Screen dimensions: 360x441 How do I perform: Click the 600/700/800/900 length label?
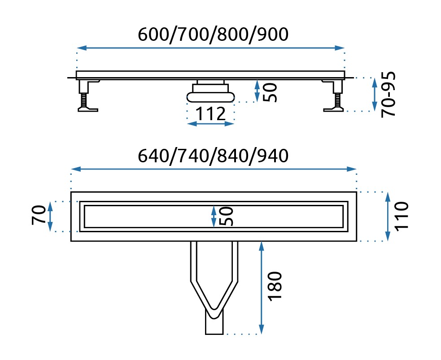tap(212, 34)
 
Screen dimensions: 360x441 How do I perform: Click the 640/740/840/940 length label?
tap(212, 156)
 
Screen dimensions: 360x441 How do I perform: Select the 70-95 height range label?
tap(389, 94)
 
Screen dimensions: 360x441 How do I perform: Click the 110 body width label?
tap(402, 216)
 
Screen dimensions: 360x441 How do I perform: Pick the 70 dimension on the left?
tap(38, 216)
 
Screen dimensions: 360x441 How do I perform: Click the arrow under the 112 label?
tap(210, 123)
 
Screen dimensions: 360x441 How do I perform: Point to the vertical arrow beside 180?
tap(261, 287)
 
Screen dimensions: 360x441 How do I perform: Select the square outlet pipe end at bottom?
tap(214, 324)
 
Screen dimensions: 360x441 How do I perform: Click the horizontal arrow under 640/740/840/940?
tap(214, 169)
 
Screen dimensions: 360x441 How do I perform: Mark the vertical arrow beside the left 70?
tap(50, 216)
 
